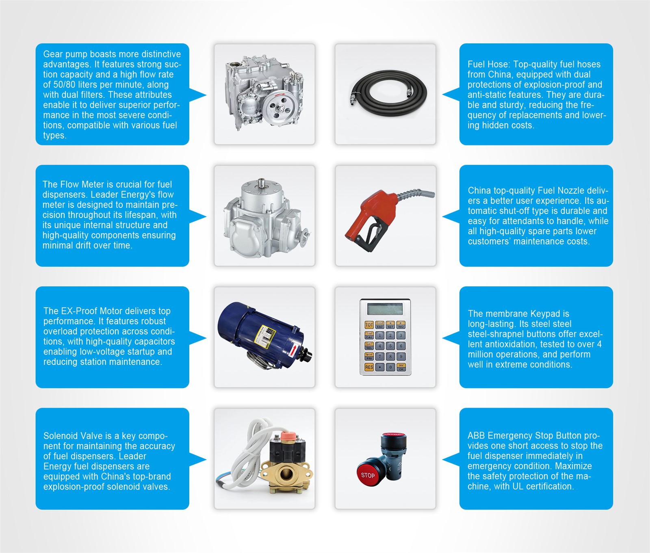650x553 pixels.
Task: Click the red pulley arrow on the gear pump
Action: click(x=280, y=95)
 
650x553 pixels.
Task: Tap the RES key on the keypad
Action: click(x=369, y=367)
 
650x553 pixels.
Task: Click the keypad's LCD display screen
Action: click(x=385, y=309)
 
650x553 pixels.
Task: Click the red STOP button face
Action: click(x=368, y=475)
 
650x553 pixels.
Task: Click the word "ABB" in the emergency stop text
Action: click(x=476, y=436)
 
